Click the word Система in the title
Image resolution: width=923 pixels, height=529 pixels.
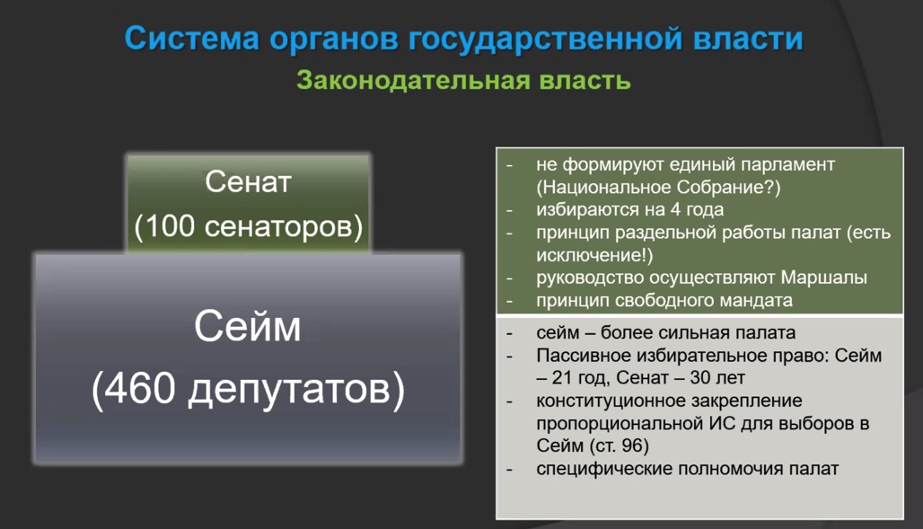coord(192,39)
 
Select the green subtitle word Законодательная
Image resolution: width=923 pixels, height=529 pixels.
coord(413,80)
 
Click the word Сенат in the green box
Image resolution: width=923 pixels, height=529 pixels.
coord(248,181)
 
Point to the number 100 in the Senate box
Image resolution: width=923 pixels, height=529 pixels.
coord(170,225)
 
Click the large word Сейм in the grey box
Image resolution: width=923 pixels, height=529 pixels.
coord(247,326)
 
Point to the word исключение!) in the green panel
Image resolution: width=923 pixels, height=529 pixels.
coord(594,255)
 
